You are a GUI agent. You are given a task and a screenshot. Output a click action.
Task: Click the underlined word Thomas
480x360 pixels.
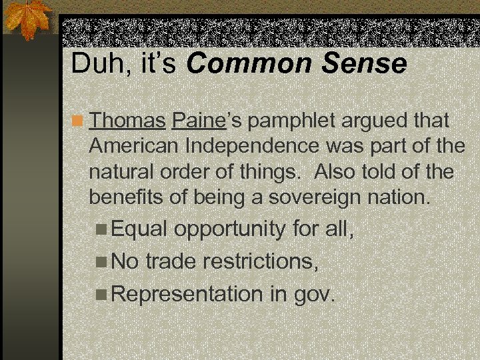(x=127, y=121)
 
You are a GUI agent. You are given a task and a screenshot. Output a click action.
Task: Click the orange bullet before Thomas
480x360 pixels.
(x=79, y=122)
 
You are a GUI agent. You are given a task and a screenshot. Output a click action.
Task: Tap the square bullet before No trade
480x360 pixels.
(x=101, y=262)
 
